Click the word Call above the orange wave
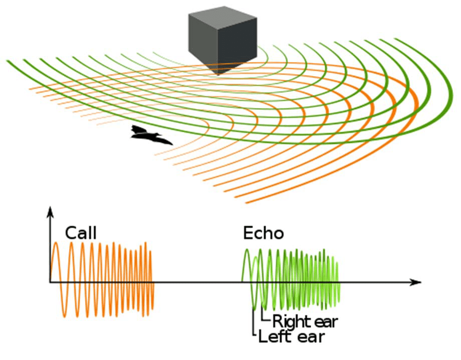click(x=81, y=233)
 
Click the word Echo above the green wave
click(x=264, y=233)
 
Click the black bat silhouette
click(x=150, y=135)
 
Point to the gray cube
click(x=222, y=40)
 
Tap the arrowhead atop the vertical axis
click(x=51, y=212)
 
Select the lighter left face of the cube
click(x=203, y=43)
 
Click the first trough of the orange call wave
click(x=64, y=317)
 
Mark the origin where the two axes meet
click(x=51, y=282)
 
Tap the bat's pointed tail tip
click(x=172, y=144)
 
